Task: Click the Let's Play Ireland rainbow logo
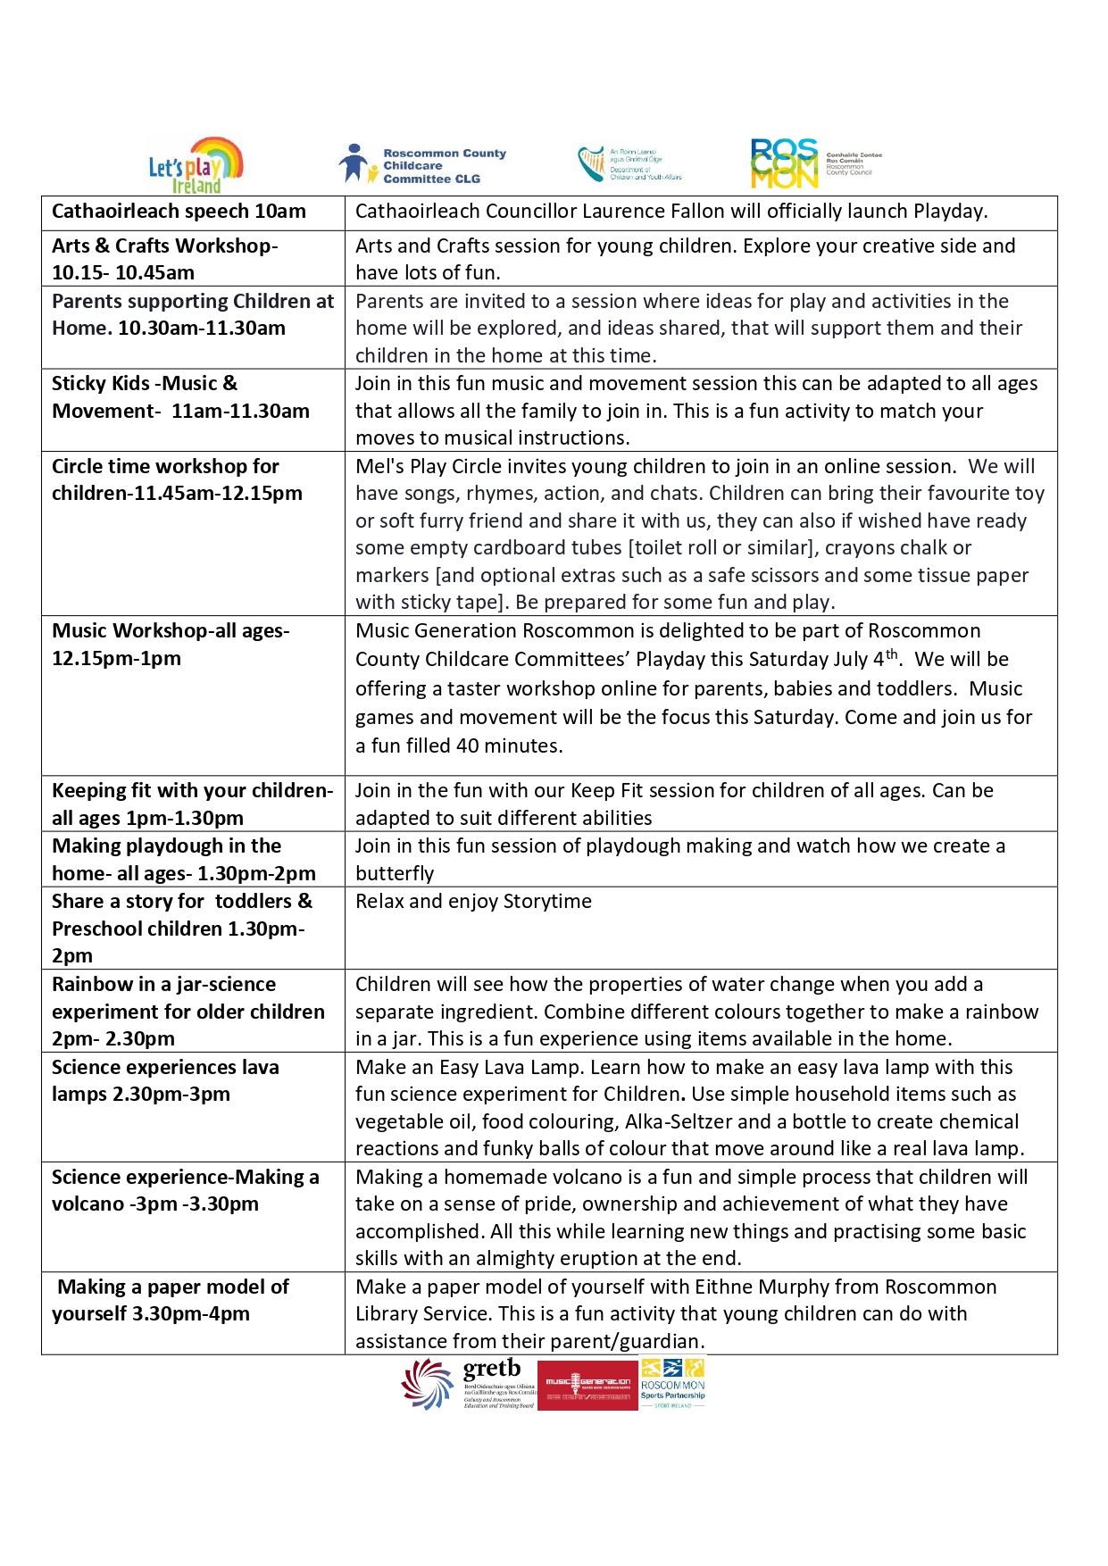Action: (196, 165)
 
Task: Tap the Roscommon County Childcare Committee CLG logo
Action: (421, 165)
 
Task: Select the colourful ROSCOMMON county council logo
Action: (785, 163)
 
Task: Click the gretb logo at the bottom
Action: (470, 1383)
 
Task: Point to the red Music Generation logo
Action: (587, 1385)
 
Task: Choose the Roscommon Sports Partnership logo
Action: (673, 1383)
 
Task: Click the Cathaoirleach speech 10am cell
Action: (179, 212)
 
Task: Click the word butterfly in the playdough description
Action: (395, 873)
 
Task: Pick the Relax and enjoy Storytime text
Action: (473, 902)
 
